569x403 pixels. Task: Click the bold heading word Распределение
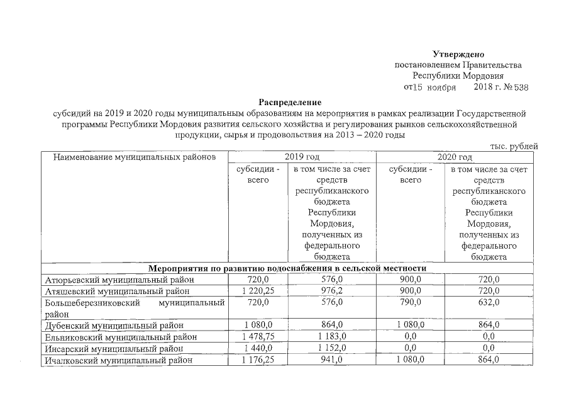pyautogui.click(x=290, y=102)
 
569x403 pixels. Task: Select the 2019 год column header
pyautogui.click(x=302, y=156)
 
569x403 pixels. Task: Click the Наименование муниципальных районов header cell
pyautogui.click(x=134, y=156)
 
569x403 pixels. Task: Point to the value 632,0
pyautogui.click(x=489, y=302)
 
